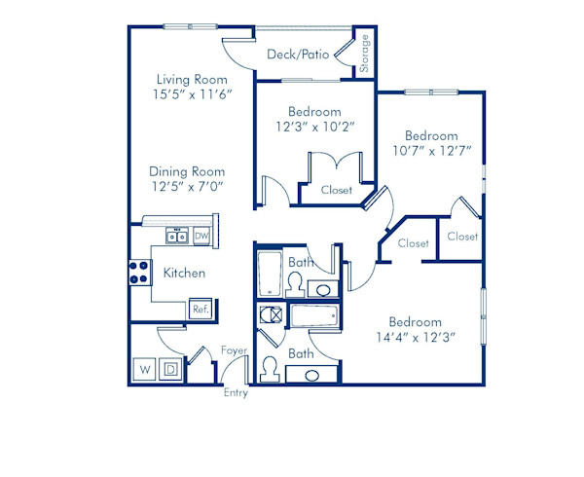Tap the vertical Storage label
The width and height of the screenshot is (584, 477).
[364, 55]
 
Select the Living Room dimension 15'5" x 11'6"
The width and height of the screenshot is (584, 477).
[192, 95]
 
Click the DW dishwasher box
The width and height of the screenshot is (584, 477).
[201, 236]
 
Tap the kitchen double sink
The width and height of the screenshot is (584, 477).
[176, 236]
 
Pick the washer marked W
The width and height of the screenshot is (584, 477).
[144, 370]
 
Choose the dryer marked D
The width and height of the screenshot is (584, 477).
[168, 370]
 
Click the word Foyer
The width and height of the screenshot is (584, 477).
[234, 350]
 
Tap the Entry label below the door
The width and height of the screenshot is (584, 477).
[236, 393]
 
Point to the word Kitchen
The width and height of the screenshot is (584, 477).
[184, 274]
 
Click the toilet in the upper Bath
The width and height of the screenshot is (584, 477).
[293, 282]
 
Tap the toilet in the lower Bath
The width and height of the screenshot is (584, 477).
[270, 370]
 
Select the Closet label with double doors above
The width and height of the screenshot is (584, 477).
[337, 191]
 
